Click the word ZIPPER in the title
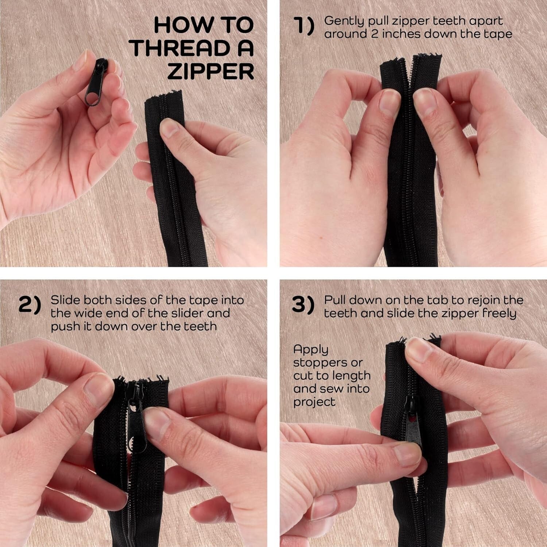pyautogui.click(x=210, y=71)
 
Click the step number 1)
pyautogui.click(x=304, y=27)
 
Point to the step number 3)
pyautogui.click(x=303, y=305)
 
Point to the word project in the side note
pyautogui.click(x=314, y=402)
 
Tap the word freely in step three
pyautogui.click(x=500, y=313)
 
